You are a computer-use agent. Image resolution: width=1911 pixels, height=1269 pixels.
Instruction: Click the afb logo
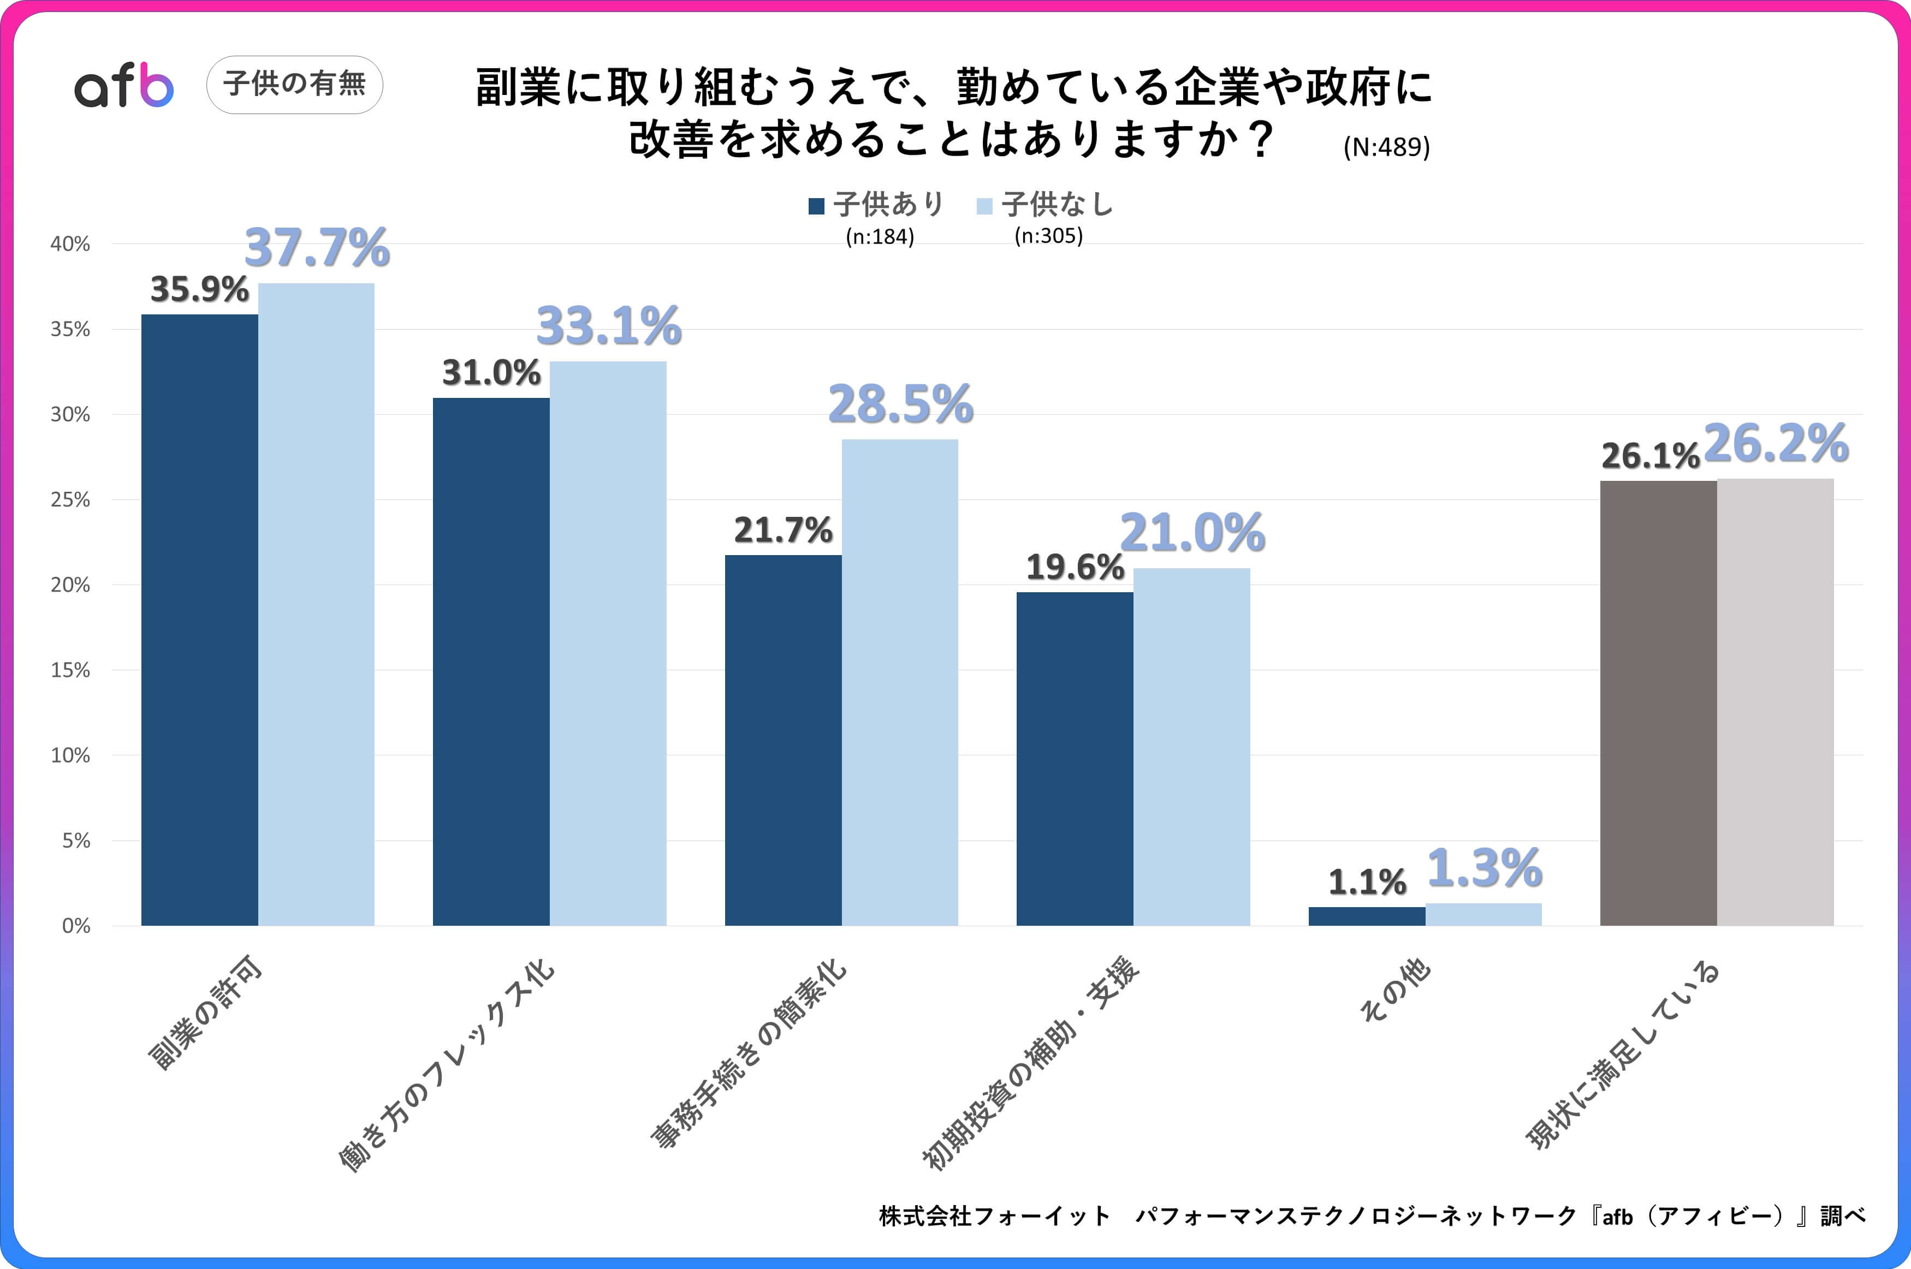(x=124, y=85)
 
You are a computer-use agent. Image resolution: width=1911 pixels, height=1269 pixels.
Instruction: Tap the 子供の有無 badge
(x=295, y=84)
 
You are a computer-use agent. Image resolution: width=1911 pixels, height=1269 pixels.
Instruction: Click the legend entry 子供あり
(x=876, y=205)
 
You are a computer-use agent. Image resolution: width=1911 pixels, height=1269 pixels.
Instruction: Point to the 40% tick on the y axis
(x=70, y=243)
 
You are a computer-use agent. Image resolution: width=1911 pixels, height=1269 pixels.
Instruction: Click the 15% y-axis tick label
(x=70, y=670)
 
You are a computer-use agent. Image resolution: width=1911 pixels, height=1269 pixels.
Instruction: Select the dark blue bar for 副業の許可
(x=199, y=619)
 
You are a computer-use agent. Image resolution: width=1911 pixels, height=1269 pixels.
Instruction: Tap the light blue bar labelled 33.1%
(x=608, y=644)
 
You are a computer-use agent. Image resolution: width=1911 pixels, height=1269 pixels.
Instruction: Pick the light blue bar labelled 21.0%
(x=1191, y=746)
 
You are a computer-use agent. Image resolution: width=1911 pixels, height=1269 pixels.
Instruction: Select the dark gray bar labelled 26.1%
(x=1658, y=702)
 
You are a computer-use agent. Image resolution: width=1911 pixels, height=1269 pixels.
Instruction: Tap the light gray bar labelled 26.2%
(x=1775, y=702)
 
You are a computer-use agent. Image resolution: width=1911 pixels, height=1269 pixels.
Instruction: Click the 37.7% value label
(x=317, y=248)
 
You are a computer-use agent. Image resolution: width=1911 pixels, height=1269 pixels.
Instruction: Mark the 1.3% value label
(x=1483, y=868)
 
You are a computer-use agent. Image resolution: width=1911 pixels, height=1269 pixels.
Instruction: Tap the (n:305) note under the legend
(x=1048, y=235)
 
